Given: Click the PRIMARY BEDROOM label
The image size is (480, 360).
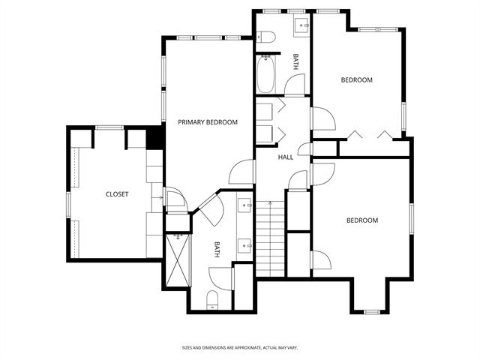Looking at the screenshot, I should (208, 122).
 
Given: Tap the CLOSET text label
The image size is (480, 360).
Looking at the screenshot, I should (116, 194).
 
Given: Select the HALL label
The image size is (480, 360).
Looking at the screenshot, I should (286, 157).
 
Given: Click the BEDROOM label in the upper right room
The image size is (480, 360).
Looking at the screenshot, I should (356, 79).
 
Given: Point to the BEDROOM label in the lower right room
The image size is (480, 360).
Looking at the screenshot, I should (361, 220).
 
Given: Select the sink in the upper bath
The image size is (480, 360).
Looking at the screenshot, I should (304, 26).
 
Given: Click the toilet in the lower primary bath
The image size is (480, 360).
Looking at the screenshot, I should (211, 300).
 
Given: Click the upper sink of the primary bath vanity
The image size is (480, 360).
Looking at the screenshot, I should (244, 204).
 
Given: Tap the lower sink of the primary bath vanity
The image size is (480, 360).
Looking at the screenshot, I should (244, 243).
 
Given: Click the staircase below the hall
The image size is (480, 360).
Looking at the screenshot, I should (271, 233).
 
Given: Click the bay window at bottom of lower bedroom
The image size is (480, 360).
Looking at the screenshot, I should (371, 310).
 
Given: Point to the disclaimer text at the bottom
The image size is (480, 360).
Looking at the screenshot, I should (240, 347).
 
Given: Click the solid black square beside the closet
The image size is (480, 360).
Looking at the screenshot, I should (155, 139).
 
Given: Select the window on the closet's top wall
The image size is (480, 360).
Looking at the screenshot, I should (109, 128).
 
